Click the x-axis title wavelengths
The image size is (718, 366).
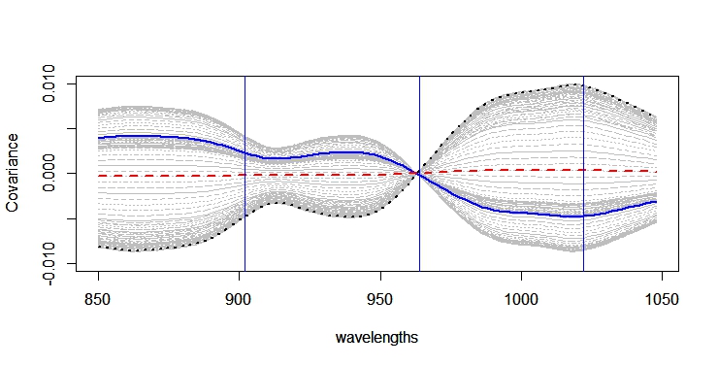pos(377,338)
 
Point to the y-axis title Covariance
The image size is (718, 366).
pos(14,175)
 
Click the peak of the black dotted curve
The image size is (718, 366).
pos(576,84)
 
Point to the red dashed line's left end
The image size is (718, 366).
pos(99,176)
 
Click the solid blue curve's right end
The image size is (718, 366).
pos(657,202)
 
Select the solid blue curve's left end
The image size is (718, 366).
pos(99,138)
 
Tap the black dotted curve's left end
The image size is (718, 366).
pos(99,247)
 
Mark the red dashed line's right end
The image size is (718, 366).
pos(657,171)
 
